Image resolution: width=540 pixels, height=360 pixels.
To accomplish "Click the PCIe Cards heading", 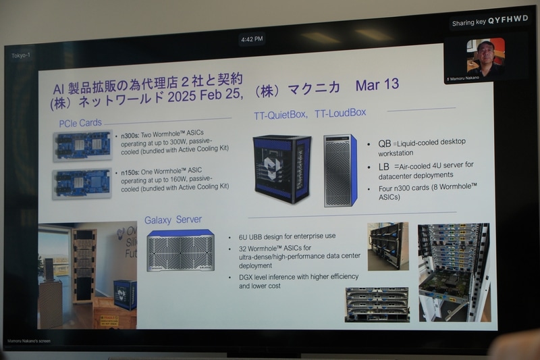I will pyautogui.click(x=80, y=123).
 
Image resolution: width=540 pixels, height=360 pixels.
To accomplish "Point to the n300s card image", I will pyautogui.click(x=82, y=145).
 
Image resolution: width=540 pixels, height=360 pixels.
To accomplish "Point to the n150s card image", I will pyautogui.click(x=82, y=182).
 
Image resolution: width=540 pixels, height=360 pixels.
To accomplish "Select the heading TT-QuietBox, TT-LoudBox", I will pyautogui.click(x=309, y=113).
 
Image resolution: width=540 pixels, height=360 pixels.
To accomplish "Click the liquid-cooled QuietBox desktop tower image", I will pyautogui.click(x=281, y=169).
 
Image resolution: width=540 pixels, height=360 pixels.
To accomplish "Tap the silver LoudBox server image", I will pyautogui.click(x=340, y=170).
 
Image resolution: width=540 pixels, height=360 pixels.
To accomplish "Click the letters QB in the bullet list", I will pyautogui.click(x=385, y=144).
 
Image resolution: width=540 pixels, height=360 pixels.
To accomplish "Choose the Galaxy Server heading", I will pyautogui.click(x=173, y=220).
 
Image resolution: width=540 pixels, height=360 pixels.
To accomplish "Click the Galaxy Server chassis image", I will pyautogui.click(x=180, y=251).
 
